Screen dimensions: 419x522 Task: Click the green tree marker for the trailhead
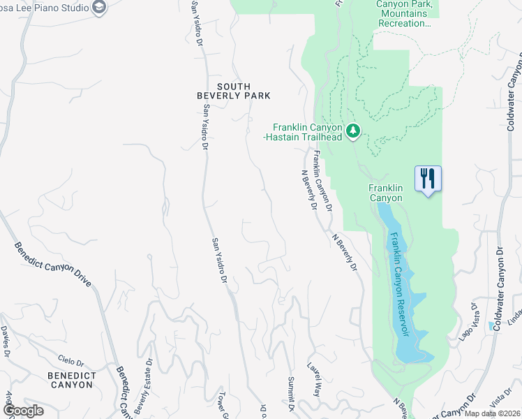coord(354,131)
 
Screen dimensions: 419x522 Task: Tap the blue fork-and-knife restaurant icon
coord(428,178)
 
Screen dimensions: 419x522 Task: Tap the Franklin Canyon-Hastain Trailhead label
coord(307,132)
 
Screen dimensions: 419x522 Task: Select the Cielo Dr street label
coord(72,363)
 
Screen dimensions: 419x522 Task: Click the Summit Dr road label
coord(292,394)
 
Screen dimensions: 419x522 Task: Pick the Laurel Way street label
coord(313,379)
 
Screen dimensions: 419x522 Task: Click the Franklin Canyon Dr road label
coord(322,182)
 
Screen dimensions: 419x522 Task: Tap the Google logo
coord(22,411)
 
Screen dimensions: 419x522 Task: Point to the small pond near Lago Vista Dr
coord(493,325)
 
